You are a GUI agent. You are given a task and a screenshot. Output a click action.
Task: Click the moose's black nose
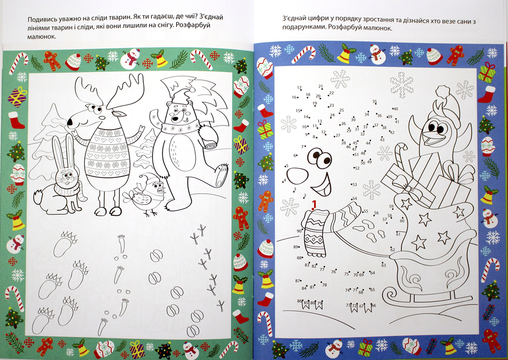(x=70, y=122)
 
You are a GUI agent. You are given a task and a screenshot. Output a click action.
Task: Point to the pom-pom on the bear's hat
(x=193, y=90)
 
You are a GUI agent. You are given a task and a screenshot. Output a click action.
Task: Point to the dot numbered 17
(x=301, y=90)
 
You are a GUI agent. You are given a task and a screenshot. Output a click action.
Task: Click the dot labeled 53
(x=352, y=184)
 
